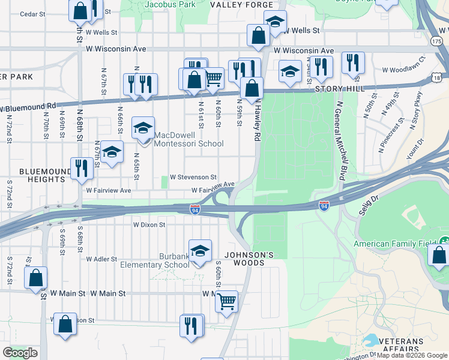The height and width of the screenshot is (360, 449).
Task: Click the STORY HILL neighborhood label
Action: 339,89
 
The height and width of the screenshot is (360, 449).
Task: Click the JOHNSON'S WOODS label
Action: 245,259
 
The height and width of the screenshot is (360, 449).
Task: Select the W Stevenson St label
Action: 193,178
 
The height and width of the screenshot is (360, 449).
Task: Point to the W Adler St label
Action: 101,259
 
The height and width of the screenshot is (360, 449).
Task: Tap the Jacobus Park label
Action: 170,4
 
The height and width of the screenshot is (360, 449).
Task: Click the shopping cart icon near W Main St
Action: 226,301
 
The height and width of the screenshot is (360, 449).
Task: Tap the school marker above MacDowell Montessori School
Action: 143,128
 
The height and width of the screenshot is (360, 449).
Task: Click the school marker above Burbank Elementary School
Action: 200,250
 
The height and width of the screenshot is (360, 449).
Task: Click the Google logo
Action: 20,353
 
